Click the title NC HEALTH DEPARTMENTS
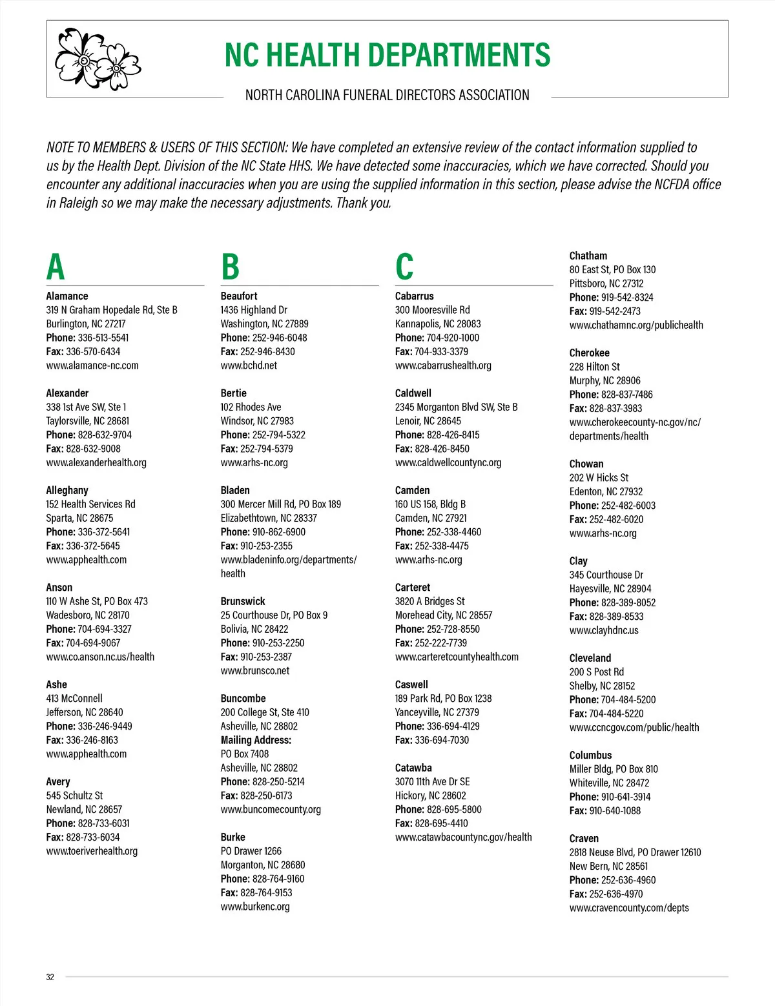click(x=387, y=55)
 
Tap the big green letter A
click(x=56, y=267)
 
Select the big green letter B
click(x=230, y=267)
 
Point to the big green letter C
click(x=404, y=267)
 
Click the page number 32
click(x=50, y=977)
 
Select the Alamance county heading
click(x=67, y=296)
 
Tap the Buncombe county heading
click(x=243, y=698)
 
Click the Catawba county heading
click(x=413, y=768)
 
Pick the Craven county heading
click(x=584, y=838)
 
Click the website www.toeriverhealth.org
click(x=92, y=851)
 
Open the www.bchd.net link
click(x=249, y=365)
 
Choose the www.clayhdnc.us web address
click(x=604, y=630)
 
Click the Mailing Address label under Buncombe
click(x=256, y=740)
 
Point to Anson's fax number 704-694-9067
click(x=93, y=642)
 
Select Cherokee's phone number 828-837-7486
click(x=626, y=395)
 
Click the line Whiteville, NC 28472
click(x=609, y=783)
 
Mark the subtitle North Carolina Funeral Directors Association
click(x=387, y=96)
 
